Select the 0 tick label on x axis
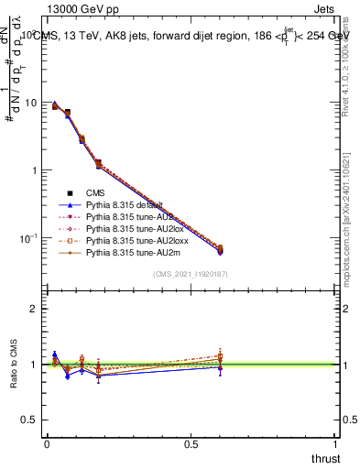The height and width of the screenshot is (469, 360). coord(47,444)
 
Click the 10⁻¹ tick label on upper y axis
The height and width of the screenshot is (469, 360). coord(29,238)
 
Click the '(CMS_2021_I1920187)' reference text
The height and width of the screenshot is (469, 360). coord(190,274)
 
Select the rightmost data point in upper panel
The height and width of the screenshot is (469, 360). coord(219,249)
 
